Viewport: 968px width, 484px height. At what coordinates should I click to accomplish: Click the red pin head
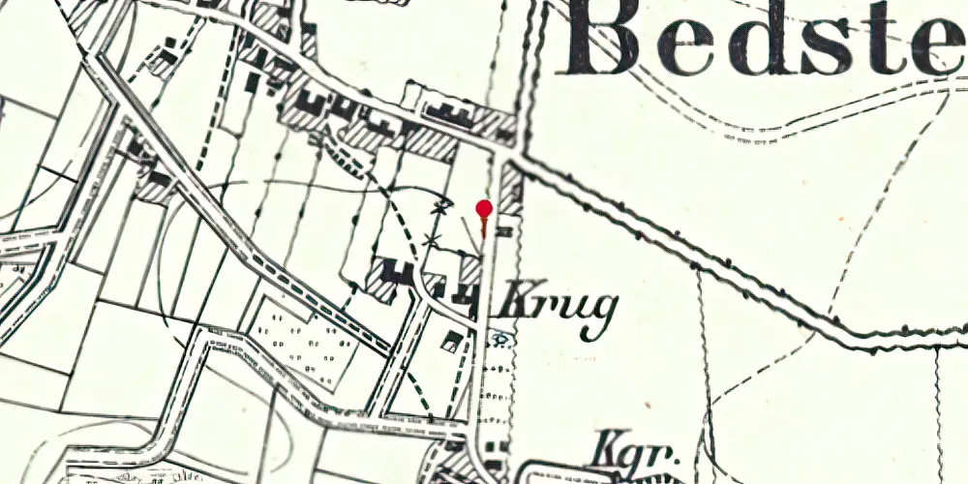click(484, 208)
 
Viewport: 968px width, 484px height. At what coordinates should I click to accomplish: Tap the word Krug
click(557, 311)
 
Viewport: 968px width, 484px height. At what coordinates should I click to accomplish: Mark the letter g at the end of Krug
click(601, 316)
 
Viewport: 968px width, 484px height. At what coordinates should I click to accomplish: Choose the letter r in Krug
click(540, 310)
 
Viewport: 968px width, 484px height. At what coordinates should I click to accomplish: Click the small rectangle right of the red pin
click(503, 232)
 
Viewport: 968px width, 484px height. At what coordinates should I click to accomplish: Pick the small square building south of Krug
click(450, 340)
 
